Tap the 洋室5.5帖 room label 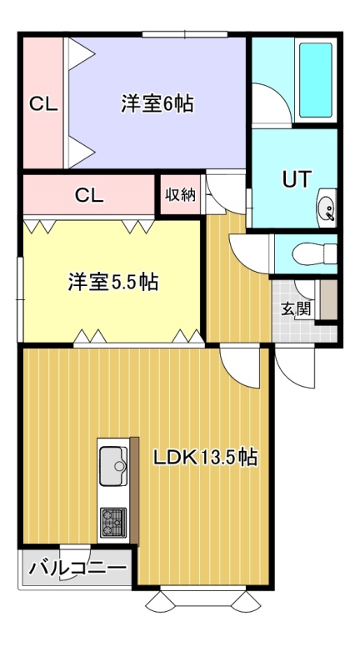tap(113, 282)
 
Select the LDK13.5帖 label tap(205, 458)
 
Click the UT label tap(297, 179)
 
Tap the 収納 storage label tap(180, 195)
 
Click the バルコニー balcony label tap(77, 568)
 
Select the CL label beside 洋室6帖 tap(43, 103)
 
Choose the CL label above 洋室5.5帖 tap(89, 195)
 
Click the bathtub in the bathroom tap(315, 80)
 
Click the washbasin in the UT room tap(327, 208)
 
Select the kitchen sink tap(114, 466)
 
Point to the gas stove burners tap(113, 523)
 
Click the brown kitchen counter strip tap(134, 491)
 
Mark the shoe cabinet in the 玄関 tap(328, 300)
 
